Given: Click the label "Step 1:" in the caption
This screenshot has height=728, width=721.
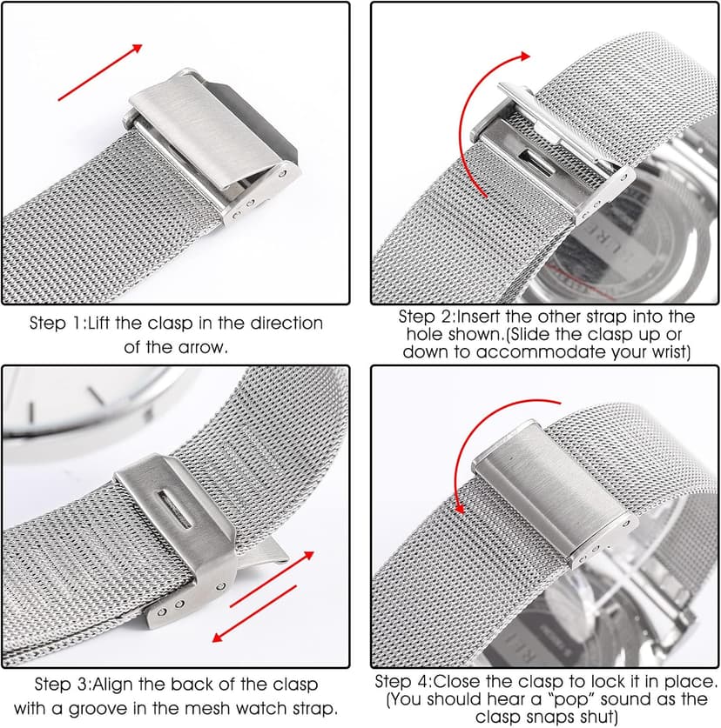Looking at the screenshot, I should tap(57, 324).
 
